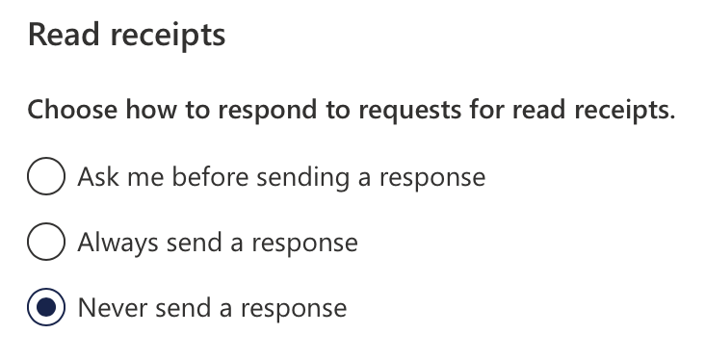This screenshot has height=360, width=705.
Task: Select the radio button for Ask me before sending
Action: [46, 177]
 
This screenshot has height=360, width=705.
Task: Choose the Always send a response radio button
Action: [46, 243]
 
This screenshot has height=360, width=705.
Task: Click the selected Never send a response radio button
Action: [46, 308]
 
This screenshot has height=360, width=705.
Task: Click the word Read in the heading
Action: [62, 36]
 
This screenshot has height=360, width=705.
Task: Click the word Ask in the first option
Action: [96, 177]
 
